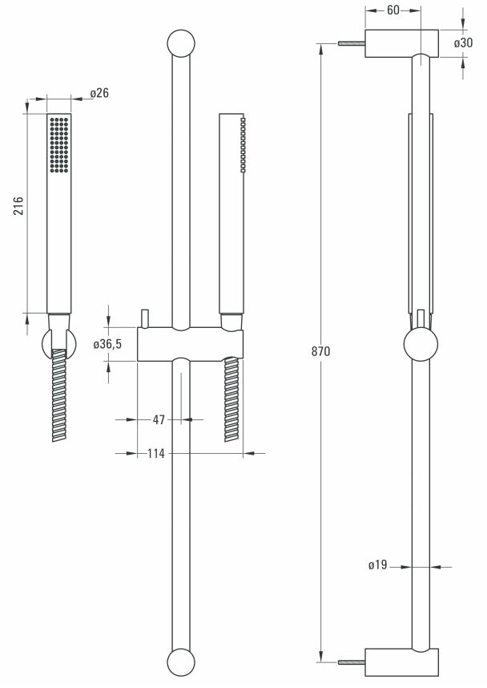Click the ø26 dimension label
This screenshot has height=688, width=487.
pos(99,94)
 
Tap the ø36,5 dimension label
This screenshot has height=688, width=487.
pos(107,344)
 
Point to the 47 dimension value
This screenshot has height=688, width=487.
pos(158,419)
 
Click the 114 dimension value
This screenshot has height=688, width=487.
pos(155,454)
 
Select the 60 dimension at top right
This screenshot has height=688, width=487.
pos(392,10)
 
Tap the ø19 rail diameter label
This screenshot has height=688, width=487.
pos(378,566)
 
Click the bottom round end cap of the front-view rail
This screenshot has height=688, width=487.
pos(181,664)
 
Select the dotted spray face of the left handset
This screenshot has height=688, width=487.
pos(59,144)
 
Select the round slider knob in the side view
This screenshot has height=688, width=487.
pos(421,345)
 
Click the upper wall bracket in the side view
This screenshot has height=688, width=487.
pos(402,43)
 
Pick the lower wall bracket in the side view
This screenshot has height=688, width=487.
pos(402,662)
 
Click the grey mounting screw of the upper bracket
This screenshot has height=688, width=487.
pos(352,43)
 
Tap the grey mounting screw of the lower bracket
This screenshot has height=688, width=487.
pos(352,662)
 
